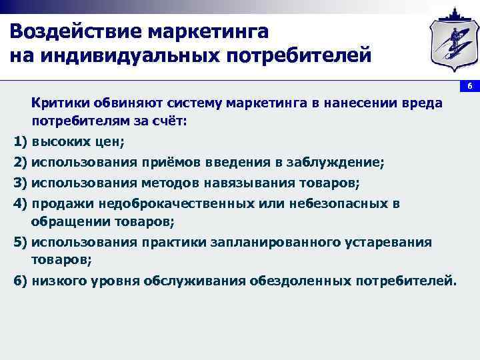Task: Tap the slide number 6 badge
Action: click(x=469, y=87)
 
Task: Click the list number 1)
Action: click(x=21, y=142)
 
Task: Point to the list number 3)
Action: click(x=21, y=182)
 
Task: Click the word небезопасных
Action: click(x=336, y=203)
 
